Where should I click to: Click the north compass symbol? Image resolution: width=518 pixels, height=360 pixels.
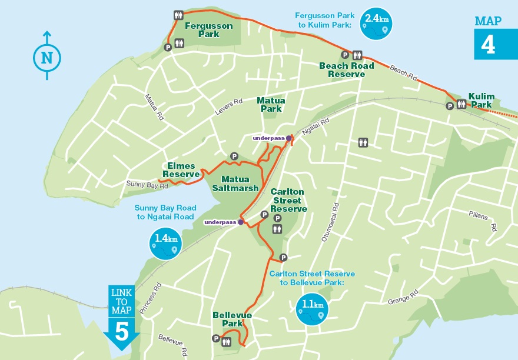[47, 57]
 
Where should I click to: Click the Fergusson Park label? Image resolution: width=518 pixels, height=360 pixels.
[208, 30]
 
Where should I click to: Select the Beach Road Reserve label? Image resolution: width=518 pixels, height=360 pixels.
[347, 70]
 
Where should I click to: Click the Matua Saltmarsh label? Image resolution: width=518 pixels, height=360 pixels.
[240, 184]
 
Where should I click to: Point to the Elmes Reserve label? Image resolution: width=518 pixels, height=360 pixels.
[181, 170]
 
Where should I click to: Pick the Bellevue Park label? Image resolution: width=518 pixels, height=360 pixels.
[232, 320]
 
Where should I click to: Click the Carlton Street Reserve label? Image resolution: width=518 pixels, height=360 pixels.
[288, 201]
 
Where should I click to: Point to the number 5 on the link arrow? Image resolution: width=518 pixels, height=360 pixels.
[121, 331]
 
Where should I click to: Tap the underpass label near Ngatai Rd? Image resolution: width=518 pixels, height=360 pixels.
[268, 138]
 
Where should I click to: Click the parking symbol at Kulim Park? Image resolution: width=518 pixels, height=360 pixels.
[450, 106]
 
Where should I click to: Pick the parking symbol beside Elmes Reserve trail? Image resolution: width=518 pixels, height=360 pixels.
[234, 156]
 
